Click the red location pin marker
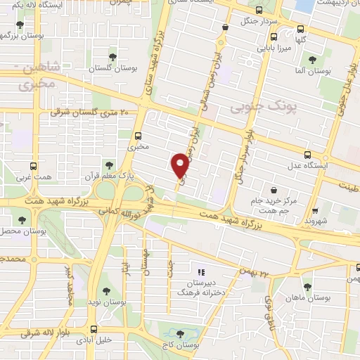(x=180, y=165)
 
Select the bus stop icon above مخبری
(x=138, y=136)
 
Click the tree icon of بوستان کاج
(x=181, y=334)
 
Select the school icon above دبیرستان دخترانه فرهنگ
(x=200, y=271)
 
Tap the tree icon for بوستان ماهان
(x=307, y=286)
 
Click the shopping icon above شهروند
(x=315, y=210)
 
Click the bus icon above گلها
(x=301, y=29)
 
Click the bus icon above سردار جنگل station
(x=259, y=11)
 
